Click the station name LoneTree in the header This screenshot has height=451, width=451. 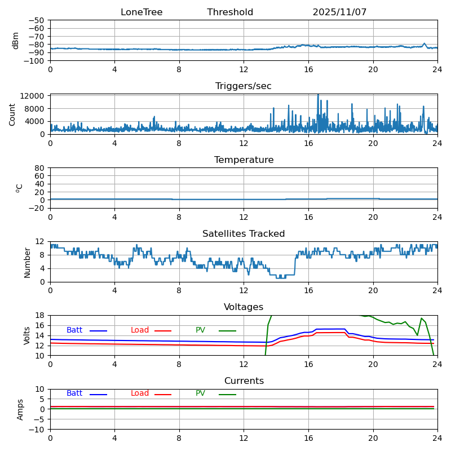tap(142, 12)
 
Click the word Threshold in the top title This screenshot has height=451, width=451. tap(230, 12)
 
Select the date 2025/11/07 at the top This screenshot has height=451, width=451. tap(339, 12)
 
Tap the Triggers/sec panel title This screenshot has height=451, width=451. tap(244, 86)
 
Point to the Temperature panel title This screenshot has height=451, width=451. tap(244, 160)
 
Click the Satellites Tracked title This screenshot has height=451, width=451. tap(244, 234)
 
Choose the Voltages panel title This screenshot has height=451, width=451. tap(244, 307)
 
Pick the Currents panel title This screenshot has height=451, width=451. tap(244, 381)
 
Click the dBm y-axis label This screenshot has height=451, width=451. tap(16, 40)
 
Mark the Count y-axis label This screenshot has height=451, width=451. tap(12, 114)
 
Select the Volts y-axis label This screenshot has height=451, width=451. tap(27, 335)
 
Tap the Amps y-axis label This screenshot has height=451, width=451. tap(20, 409)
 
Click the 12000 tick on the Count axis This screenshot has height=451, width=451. tap(34, 96)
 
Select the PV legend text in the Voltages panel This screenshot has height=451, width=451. tap(200, 330)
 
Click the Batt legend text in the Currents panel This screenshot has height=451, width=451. tap(74, 393)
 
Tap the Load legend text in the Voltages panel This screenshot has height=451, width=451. tap(140, 330)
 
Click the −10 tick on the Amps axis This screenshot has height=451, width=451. tap(38, 430)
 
